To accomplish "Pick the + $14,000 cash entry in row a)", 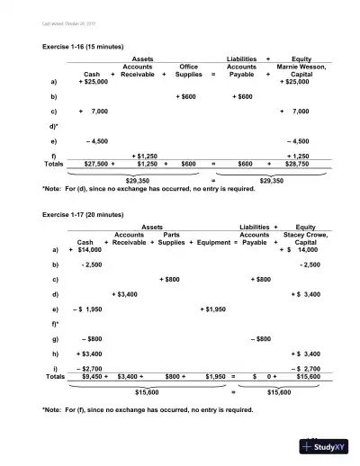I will point(89,249).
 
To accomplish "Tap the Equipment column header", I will point(213,242).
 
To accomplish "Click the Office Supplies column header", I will point(188,70).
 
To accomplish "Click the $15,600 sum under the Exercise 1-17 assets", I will point(147,392).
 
